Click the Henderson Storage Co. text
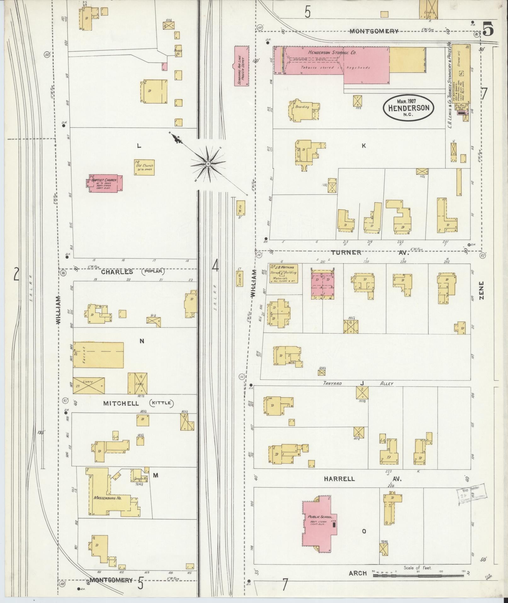point(332,53)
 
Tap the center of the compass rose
point(208,164)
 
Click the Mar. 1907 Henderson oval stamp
point(408,108)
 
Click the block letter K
point(364,146)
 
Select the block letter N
point(142,341)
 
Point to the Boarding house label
point(302,107)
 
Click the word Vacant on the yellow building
point(84,355)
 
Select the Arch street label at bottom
point(358,573)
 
